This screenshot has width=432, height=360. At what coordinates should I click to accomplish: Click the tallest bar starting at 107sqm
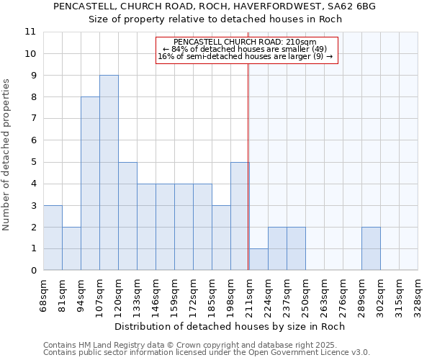109,173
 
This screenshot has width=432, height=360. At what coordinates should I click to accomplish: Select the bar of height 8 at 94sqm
90,184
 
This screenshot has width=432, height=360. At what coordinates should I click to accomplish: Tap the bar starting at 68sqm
53,238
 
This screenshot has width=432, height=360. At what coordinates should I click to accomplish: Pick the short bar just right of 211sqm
258,259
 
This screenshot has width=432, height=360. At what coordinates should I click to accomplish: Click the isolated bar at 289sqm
371,248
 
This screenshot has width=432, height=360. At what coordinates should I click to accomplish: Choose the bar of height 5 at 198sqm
240,216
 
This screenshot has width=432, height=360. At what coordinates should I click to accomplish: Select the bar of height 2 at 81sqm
71,248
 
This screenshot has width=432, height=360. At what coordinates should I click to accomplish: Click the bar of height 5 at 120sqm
127,216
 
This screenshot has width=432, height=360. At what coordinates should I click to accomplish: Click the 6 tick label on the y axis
33,140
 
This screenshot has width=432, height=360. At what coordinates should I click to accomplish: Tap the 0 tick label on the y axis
33,271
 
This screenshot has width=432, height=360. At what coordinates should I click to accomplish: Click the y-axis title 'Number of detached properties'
7,155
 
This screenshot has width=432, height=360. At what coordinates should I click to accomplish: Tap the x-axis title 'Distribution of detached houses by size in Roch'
230,326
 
